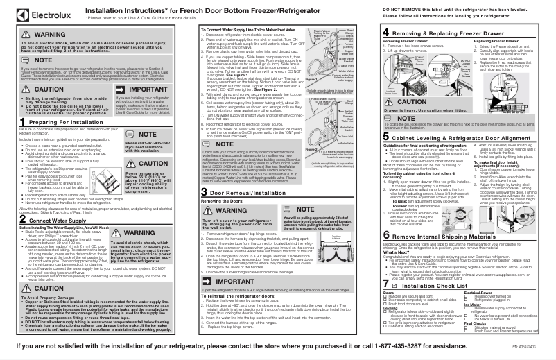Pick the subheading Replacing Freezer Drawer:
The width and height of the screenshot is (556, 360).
[x=489, y=41]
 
